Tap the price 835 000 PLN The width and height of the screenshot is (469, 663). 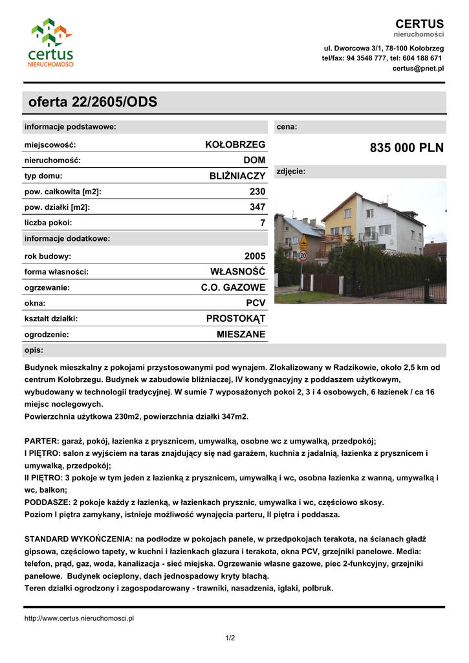pyautogui.click(x=407, y=148)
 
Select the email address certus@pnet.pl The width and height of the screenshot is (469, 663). pyautogui.click(x=418, y=68)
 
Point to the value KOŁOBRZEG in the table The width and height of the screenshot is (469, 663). pyautogui.click(x=235, y=144)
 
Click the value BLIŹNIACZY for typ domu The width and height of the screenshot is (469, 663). pyautogui.click(x=237, y=175)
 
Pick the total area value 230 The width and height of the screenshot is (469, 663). pyautogui.click(x=257, y=192)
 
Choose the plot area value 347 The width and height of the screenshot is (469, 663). pyautogui.click(x=257, y=207)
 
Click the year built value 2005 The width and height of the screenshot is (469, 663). pyautogui.click(x=255, y=256)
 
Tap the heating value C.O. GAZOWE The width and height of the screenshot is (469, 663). pyautogui.click(x=233, y=287)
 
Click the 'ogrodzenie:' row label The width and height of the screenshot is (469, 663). pyautogui.click(x=47, y=335)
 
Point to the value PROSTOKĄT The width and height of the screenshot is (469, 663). pyautogui.click(x=235, y=319)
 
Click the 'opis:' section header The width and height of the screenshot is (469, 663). pyautogui.click(x=34, y=350)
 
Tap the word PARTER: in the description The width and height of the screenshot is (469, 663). pyautogui.click(x=42, y=441)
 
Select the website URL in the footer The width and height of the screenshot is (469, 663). pyautogui.click(x=79, y=618)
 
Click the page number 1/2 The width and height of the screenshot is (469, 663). pyautogui.click(x=230, y=638)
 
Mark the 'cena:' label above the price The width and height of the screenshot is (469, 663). pyautogui.click(x=287, y=127)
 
